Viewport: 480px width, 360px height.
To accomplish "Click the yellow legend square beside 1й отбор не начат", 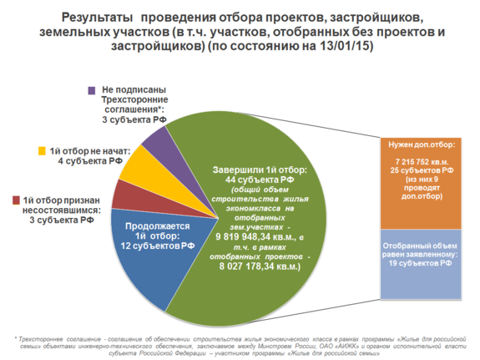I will [x=41, y=150].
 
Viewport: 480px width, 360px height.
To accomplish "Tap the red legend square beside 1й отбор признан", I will [x=17, y=200].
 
